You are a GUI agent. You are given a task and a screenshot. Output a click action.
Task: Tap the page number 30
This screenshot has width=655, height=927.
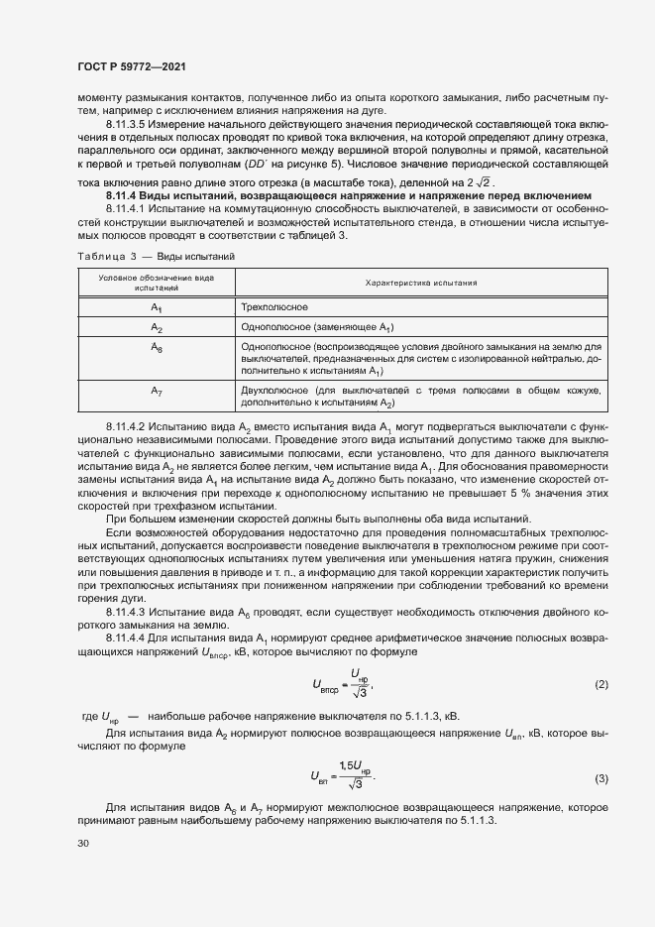[84, 843]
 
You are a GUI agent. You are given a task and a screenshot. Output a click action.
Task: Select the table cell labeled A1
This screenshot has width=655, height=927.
[156, 308]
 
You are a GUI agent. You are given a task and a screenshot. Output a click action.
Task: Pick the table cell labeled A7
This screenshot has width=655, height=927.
[156, 390]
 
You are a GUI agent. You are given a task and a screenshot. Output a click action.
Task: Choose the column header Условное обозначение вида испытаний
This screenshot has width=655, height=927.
[156, 283]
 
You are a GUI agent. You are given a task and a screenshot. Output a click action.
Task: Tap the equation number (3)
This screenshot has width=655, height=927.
[600, 778]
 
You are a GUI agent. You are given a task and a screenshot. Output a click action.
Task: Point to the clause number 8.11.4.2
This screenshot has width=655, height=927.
[126, 425]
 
